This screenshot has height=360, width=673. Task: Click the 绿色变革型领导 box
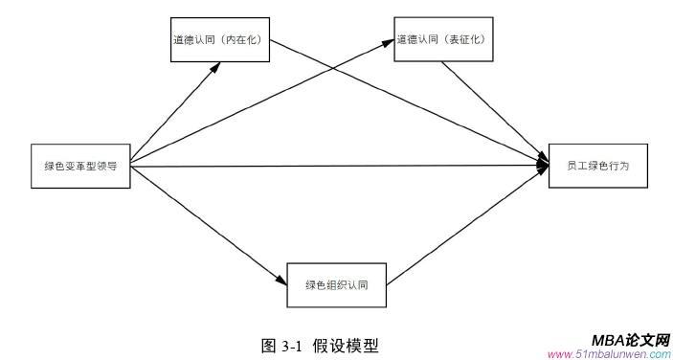(80, 165)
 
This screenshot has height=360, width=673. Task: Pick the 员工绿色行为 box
(597, 166)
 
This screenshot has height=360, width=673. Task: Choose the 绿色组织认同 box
(337, 283)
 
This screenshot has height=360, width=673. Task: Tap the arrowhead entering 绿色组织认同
(281, 280)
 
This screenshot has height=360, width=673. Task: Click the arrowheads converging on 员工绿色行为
(543, 166)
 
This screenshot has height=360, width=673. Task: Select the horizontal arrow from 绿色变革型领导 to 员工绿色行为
(335, 167)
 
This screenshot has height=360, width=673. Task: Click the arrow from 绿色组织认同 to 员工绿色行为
(464, 226)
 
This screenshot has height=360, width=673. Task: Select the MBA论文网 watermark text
(629, 339)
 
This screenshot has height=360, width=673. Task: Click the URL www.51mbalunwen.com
(609, 353)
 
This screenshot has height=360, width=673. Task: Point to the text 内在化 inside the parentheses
(246, 41)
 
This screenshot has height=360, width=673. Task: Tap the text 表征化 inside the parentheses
(470, 40)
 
